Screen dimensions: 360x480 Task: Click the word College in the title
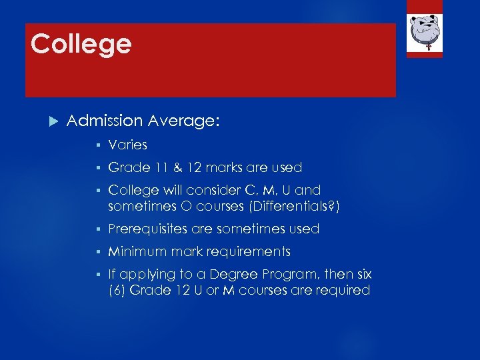point(81,45)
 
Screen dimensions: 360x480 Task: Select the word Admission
point(105,121)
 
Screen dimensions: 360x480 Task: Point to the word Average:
point(184,121)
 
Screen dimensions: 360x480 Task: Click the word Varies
point(127,145)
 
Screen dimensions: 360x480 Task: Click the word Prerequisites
point(148,229)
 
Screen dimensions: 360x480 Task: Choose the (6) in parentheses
point(117,290)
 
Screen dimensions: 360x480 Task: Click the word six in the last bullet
point(363,274)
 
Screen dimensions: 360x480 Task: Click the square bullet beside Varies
point(97,145)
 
